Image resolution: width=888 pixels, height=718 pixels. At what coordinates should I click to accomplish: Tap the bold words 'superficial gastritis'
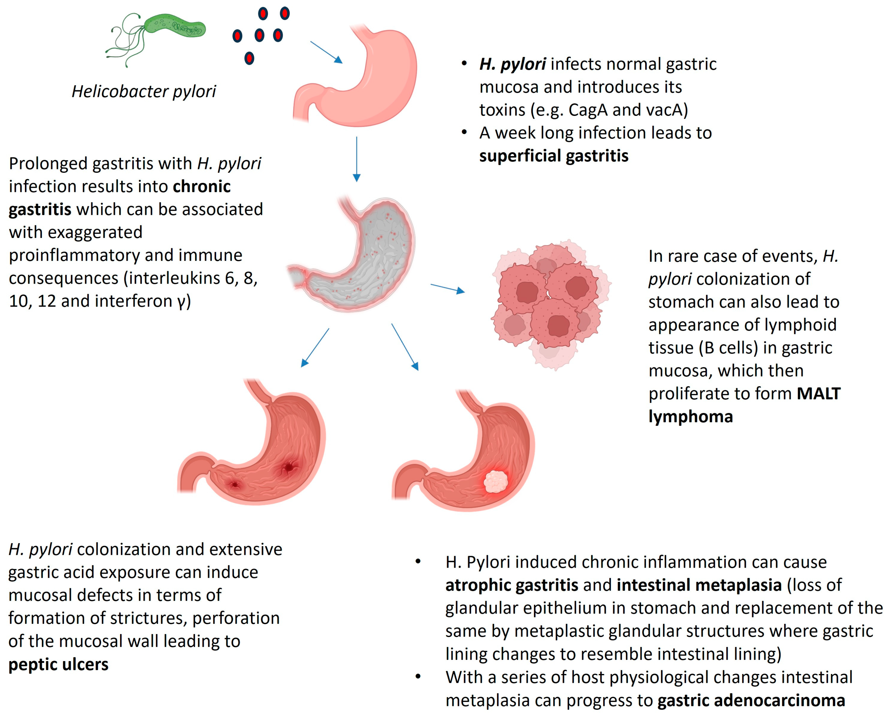tap(553, 156)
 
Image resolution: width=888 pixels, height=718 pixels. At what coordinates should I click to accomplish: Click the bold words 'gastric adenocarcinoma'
tap(751, 700)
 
